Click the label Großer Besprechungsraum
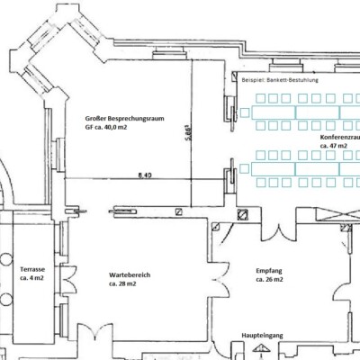(x=124, y=119)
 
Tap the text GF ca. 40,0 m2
(x=106, y=127)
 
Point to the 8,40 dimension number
(x=145, y=175)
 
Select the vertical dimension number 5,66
(x=188, y=132)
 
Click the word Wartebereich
(x=130, y=275)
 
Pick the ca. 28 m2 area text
(x=122, y=283)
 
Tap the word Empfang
(x=269, y=271)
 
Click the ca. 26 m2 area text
(x=269, y=280)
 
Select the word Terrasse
(x=32, y=269)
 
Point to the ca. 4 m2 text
(x=31, y=278)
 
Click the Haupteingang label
(x=262, y=336)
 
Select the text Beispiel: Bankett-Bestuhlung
(x=280, y=80)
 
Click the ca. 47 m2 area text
(x=334, y=146)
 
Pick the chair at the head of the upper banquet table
(x=245, y=112)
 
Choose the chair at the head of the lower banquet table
(x=245, y=169)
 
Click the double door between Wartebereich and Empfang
(x=220, y=280)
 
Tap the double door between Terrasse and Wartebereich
(x=68, y=279)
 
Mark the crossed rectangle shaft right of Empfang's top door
(x=338, y=216)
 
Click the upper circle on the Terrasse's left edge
(x=5, y=259)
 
